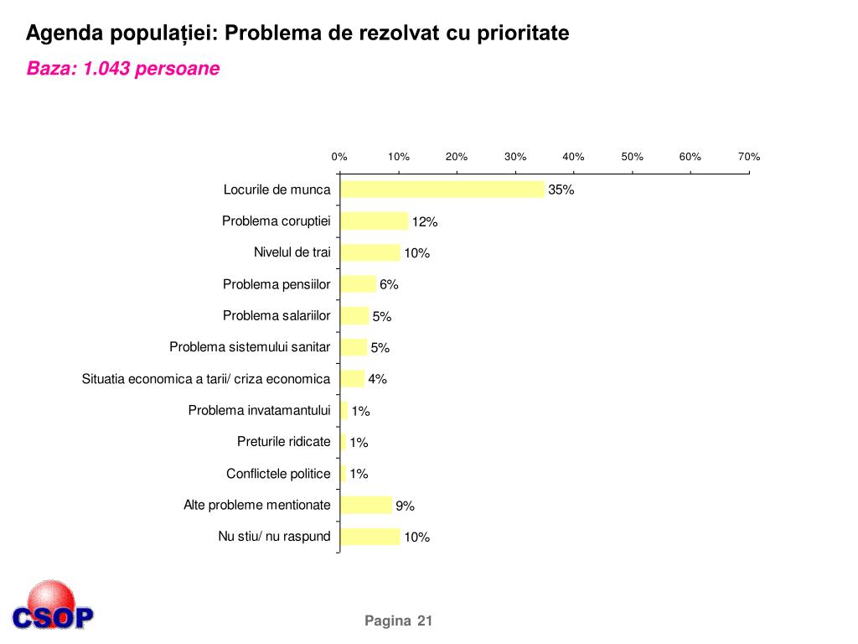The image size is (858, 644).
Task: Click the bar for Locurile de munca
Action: (x=442, y=190)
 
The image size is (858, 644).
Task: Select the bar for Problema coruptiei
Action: (x=375, y=221)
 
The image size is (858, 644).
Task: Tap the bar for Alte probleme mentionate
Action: (x=366, y=505)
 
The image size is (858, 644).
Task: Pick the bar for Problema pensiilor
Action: (x=359, y=284)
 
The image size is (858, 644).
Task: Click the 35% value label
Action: (x=561, y=190)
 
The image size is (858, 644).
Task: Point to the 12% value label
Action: (x=424, y=222)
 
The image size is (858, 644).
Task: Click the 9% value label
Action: (x=405, y=506)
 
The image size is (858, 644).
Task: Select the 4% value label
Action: (x=377, y=379)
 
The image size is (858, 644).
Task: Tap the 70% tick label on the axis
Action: (x=748, y=157)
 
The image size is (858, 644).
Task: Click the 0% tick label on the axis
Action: (x=339, y=157)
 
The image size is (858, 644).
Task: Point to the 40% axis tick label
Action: (x=573, y=157)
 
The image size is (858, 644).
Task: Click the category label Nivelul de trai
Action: (x=292, y=252)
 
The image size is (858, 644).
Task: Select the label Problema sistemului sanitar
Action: (x=250, y=347)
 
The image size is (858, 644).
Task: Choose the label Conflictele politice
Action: (x=278, y=474)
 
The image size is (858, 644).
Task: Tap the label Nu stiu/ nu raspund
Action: (x=274, y=537)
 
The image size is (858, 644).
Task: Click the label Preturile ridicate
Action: (x=284, y=442)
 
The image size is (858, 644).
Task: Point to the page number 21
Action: (x=424, y=621)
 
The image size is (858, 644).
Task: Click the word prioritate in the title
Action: (x=524, y=34)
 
